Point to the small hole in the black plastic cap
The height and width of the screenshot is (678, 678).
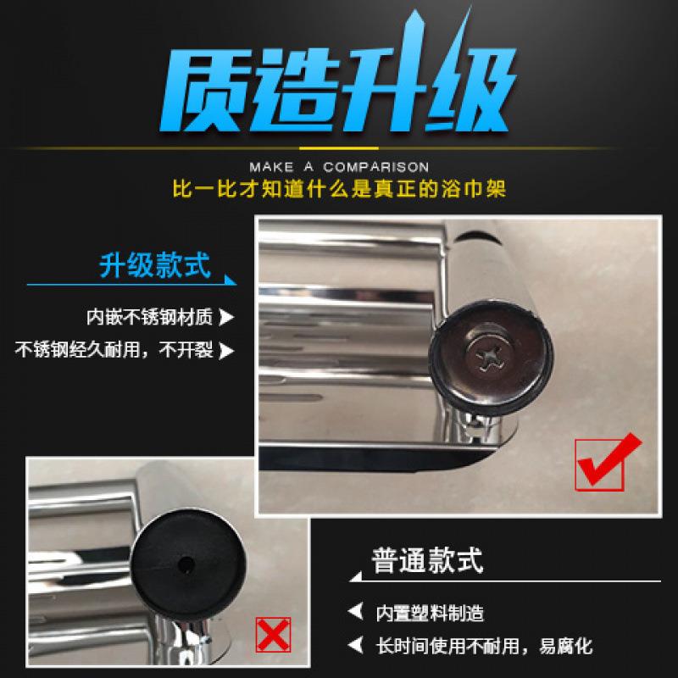tap(185, 561)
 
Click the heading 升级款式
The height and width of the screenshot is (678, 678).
tap(154, 267)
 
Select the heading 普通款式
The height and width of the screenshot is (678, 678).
tap(428, 560)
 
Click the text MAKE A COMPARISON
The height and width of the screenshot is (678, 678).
tap(339, 167)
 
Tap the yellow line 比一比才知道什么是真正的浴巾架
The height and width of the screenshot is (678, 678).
tap(339, 188)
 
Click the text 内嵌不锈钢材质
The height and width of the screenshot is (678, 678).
tap(149, 319)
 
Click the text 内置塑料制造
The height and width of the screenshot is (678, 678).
tap(431, 613)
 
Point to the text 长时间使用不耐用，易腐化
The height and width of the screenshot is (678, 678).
tap(484, 647)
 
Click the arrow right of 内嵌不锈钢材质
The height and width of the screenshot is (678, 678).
tap(226, 319)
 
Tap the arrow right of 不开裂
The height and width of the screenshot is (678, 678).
tap(226, 349)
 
